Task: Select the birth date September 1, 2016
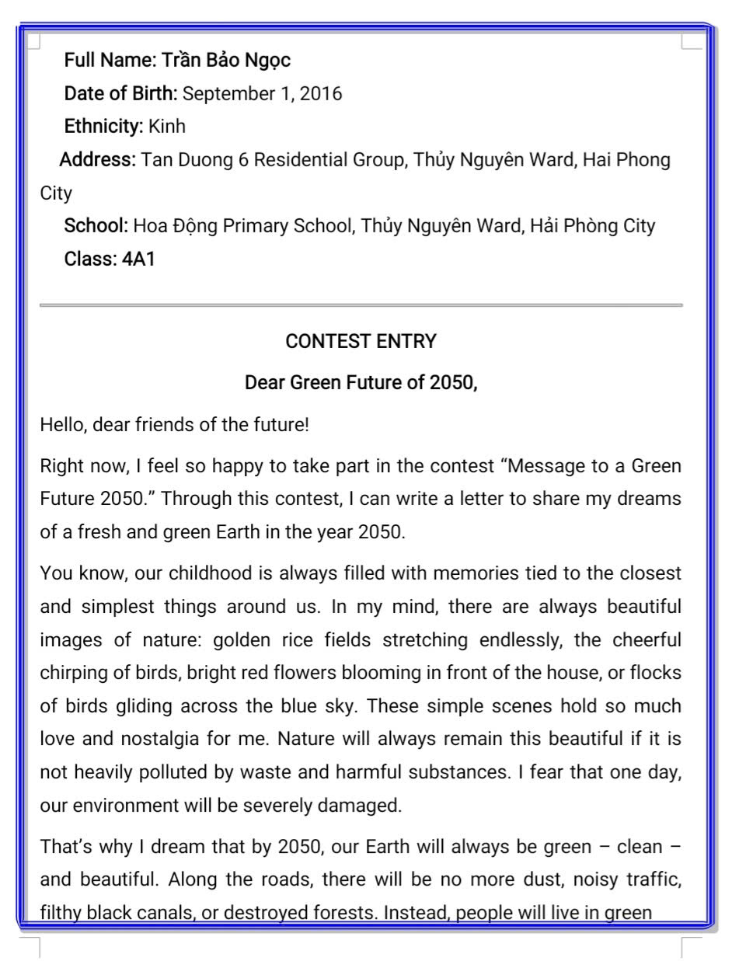point(262,94)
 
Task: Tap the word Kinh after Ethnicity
point(167,127)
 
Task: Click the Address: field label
point(98,160)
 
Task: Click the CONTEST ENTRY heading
point(361,342)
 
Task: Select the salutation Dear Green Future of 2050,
point(361,383)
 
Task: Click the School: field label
point(96,226)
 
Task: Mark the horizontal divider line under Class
point(361,305)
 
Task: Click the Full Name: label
point(110,61)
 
